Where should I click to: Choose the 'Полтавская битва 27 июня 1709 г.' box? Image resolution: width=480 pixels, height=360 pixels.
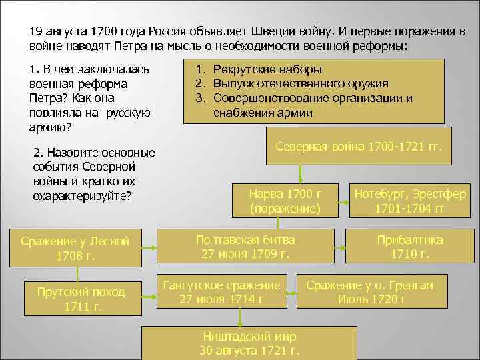[x=245, y=247]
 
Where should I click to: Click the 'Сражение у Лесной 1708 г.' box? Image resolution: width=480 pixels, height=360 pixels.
[x=75, y=248]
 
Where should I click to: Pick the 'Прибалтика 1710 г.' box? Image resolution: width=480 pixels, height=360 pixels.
[x=409, y=247]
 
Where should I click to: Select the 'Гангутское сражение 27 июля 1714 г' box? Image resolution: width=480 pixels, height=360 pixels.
[x=222, y=292]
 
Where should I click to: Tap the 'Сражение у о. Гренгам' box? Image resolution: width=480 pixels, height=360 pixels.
[x=369, y=292]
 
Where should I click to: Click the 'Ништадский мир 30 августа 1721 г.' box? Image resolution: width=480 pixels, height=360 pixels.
[x=249, y=343]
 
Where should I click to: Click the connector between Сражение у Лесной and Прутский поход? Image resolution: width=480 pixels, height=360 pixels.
[x=77, y=274]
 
